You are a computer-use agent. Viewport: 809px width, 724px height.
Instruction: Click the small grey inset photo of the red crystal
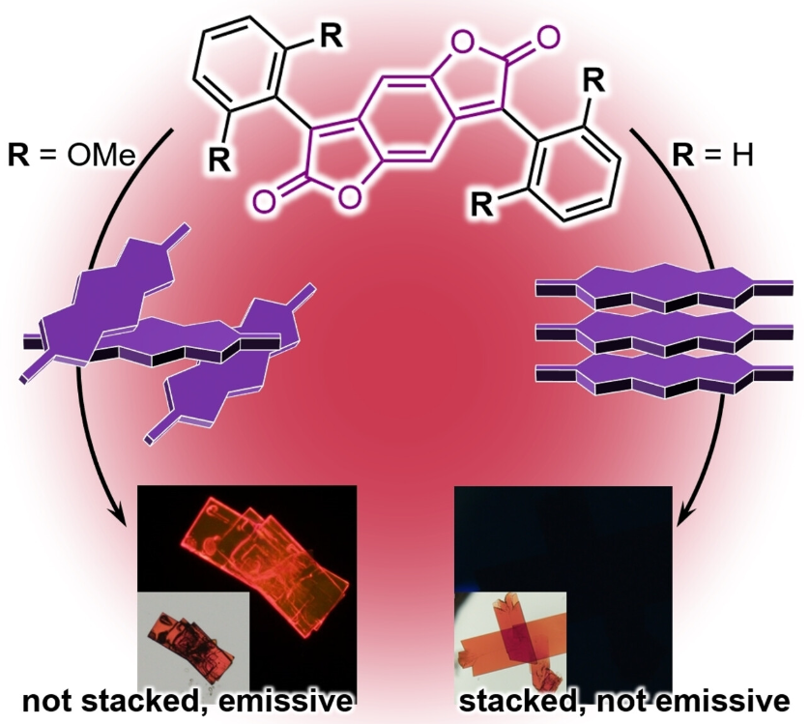click(x=193, y=639)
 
